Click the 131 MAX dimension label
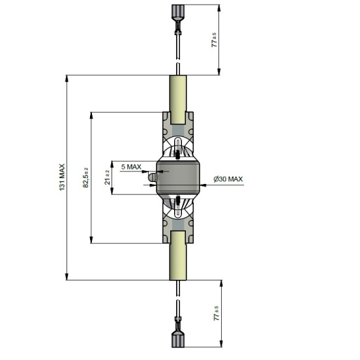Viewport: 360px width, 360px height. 62,177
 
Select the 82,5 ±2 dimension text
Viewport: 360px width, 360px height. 85,177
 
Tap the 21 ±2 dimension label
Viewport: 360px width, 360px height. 108,177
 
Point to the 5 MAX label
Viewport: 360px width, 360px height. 131,167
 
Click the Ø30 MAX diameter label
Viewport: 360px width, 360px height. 228,179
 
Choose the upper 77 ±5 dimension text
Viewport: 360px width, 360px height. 214,40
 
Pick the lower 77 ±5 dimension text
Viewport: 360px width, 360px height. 217,313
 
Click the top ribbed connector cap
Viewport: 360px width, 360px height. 178,11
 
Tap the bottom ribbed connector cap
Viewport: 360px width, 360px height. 178,339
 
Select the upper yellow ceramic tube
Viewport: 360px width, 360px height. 178,99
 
